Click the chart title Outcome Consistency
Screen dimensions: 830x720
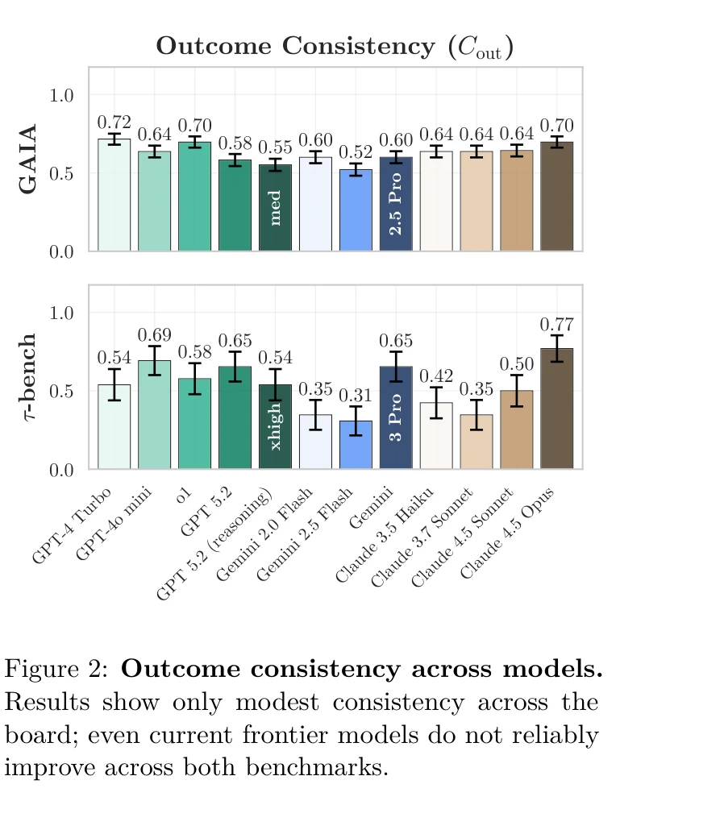(335, 46)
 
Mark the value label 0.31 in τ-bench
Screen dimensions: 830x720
(355, 396)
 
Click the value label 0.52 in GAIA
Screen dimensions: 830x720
(355, 151)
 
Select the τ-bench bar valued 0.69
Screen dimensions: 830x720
(154, 415)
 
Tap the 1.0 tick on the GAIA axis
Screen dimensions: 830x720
(62, 95)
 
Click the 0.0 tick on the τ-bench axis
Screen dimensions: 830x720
(62, 469)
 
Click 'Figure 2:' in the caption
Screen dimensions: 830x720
(57, 670)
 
